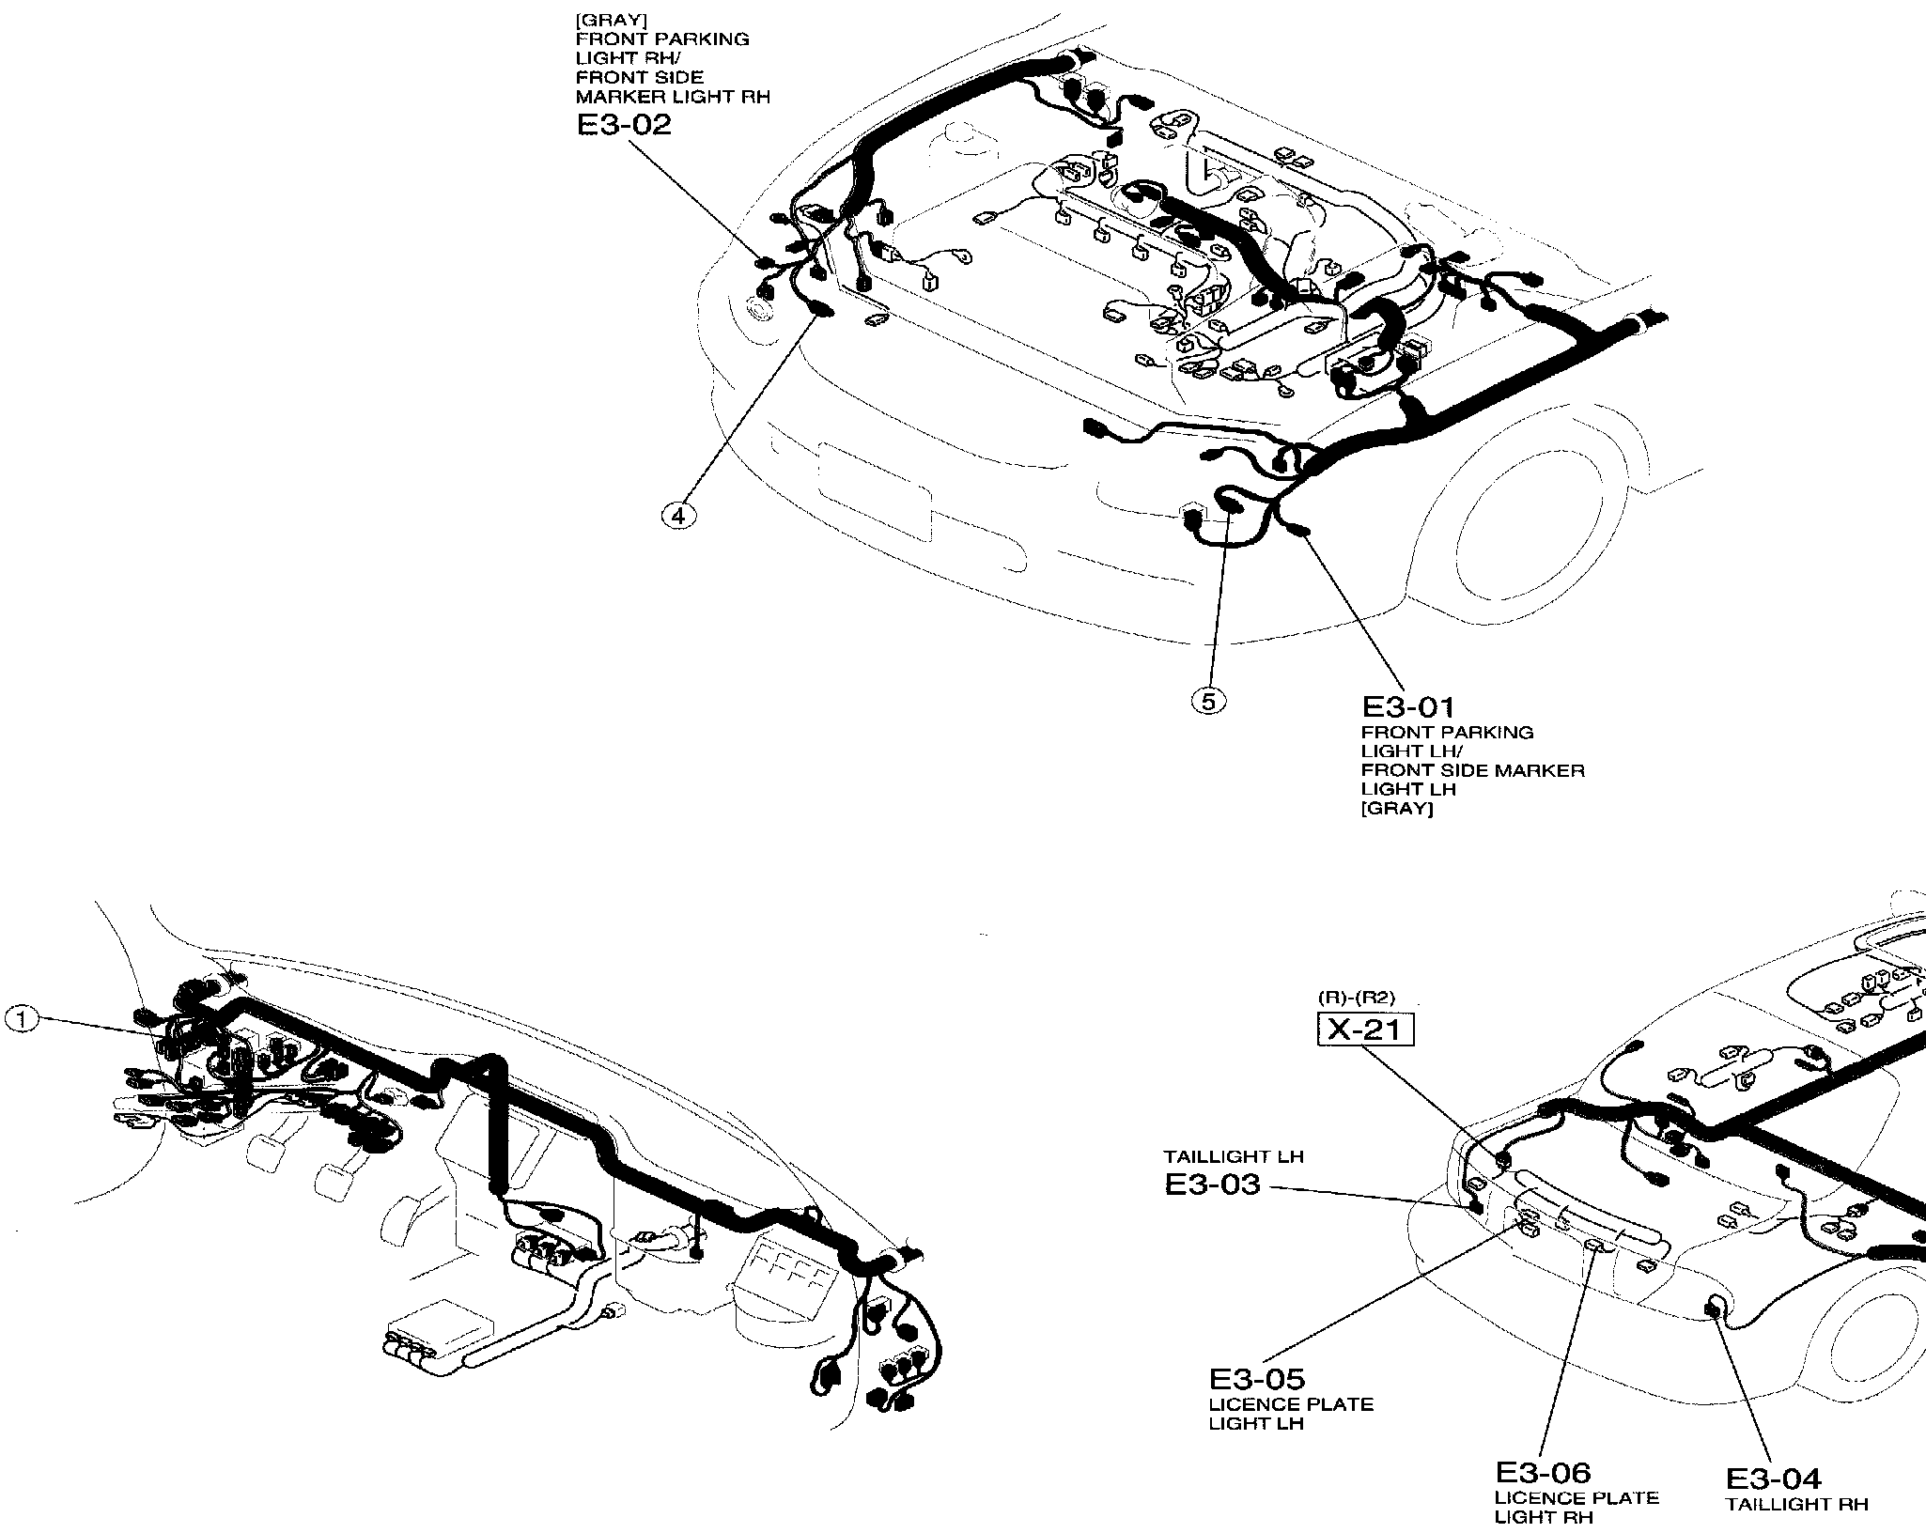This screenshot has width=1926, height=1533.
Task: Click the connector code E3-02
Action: coord(625,125)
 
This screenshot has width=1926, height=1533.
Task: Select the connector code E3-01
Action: coord(1408,706)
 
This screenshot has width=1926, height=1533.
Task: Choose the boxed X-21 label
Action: coord(1365,1030)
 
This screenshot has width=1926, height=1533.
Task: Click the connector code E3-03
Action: coord(1212,1185)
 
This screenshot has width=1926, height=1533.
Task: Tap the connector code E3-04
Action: coord(1773,1479)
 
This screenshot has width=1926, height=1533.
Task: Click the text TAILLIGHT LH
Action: coord(1234,1157)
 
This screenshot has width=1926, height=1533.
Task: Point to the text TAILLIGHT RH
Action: coord(1796,1504)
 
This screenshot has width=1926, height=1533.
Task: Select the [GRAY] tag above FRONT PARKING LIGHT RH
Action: coord(602,20)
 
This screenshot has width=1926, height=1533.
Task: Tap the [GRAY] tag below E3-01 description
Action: coord(1396,809)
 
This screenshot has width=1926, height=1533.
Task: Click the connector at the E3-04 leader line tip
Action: coord(1714,1307)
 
